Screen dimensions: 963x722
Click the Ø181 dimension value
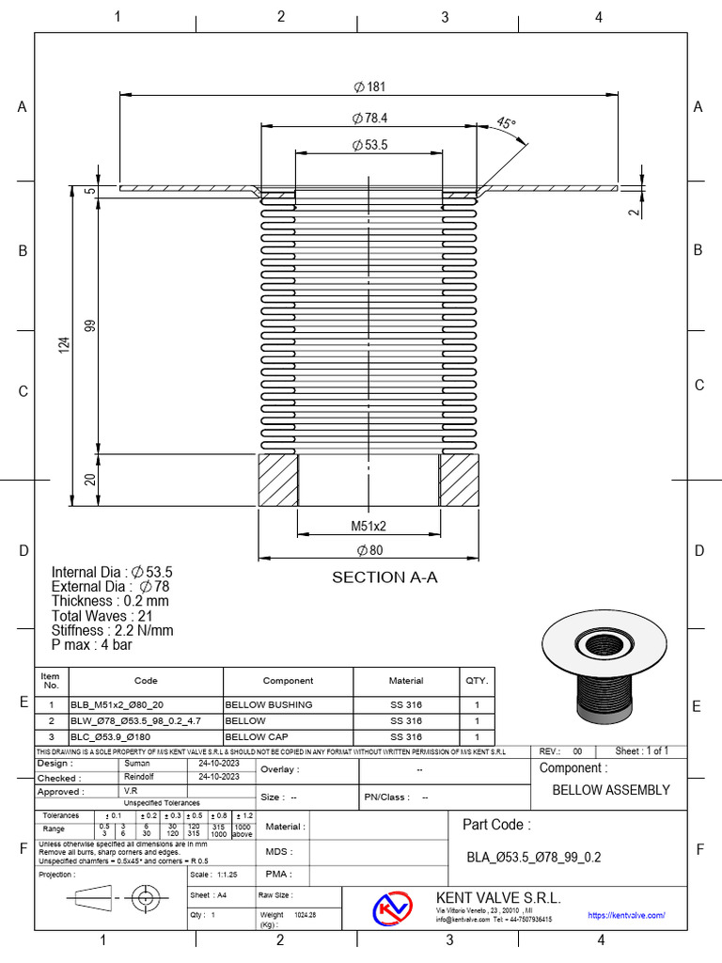coord(369,87)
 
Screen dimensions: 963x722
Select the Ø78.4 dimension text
coord(369,118)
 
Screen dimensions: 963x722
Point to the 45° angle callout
coord(506,123)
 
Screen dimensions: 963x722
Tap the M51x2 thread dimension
coord(369,526)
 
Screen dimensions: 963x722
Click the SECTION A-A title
coord(385,577)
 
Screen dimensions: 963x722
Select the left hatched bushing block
coord(277,481)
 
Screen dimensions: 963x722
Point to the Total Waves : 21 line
coord(105,615)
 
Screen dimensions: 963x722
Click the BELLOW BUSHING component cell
coord(269,704)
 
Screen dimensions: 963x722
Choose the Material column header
coord(406,680)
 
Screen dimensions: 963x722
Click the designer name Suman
coord(137,764)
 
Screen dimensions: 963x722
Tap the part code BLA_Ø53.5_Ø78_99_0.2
coord(533,857)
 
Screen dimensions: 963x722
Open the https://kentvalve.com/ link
coord(626,914)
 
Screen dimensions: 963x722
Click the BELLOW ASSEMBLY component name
coord(610,790)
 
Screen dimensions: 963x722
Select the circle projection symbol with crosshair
coord(146,898)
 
